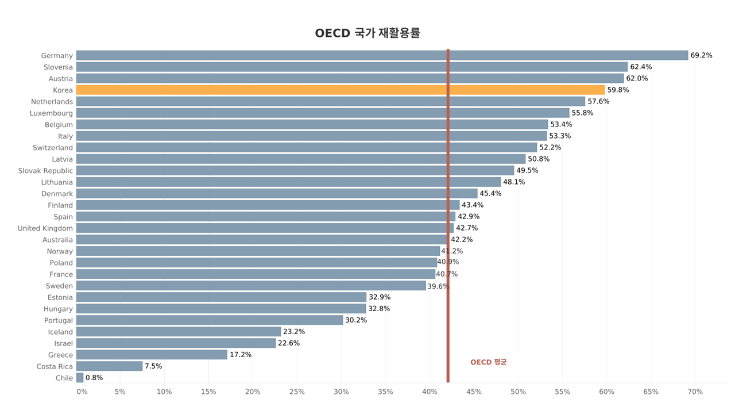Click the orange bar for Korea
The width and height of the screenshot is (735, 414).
340,90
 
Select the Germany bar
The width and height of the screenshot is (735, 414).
382,56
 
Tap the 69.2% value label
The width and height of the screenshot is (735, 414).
701,56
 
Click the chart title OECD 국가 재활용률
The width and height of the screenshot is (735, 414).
367,33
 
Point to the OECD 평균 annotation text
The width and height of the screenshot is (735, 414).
488,362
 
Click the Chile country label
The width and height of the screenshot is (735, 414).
64,378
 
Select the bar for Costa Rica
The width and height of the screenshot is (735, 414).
109,366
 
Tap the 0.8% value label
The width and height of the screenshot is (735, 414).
94,378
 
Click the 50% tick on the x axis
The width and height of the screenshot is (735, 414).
518,392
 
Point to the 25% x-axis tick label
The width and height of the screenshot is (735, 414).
297,392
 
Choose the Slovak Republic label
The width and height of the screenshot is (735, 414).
45,171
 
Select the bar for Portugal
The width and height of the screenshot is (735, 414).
210,320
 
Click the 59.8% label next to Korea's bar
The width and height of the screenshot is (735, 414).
618,90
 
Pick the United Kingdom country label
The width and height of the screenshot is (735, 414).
45,228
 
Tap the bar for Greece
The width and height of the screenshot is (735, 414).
152,355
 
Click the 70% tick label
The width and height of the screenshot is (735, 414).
695,392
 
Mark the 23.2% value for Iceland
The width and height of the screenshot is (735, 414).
294,332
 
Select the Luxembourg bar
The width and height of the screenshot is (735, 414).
323,113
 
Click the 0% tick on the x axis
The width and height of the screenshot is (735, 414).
82,392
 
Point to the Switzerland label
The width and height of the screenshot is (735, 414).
53,148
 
